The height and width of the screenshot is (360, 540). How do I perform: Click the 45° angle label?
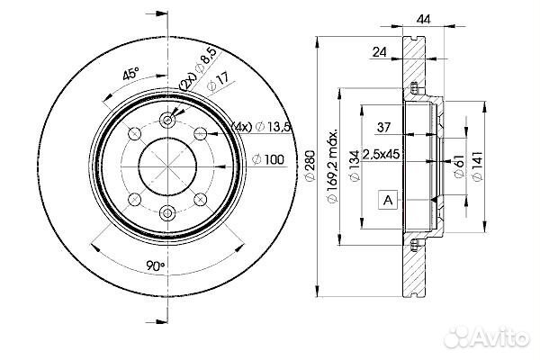click(x=130, y=74)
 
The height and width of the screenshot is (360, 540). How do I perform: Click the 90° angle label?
click(x=156, y=265)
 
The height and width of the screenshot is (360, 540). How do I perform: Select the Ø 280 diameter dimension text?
click(x=310, y=165)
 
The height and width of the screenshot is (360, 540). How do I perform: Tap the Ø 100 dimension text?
click(x=268, y=159)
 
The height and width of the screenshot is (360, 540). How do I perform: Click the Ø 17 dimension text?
click(x=218, y=82)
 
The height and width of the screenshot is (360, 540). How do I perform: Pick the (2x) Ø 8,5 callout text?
click(x=198, y=68)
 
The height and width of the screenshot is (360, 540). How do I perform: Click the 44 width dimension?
click(x=423, y=19)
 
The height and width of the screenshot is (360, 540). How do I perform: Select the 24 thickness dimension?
click(x=380, y=51)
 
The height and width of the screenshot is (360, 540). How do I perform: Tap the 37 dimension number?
click(x=383, y=127)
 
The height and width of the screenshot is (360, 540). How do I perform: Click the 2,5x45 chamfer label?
click(x=382, y=154)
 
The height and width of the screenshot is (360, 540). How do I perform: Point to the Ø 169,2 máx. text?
click(x=332, y=166)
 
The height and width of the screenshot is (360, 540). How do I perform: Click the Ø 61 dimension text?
click(x=458, y=166)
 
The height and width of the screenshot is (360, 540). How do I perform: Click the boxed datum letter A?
click(x=388, y=200)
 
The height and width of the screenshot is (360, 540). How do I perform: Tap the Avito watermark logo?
click(x=487, y=337)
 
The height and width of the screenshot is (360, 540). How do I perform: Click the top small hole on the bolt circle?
click(x=167, y=121)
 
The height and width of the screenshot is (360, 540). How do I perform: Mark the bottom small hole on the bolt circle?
click(x=167, y=213)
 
